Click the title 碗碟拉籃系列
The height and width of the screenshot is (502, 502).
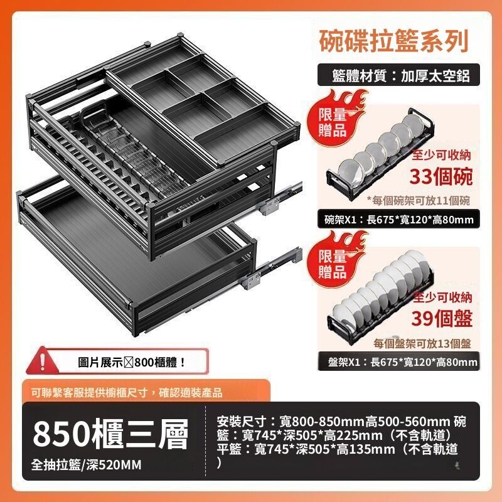(x=394, y=41)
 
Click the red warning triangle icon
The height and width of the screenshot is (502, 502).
(x=42, y=361)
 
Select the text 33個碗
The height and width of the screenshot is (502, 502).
(x=441, y=176)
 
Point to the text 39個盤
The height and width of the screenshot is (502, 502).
(x=442, y=318)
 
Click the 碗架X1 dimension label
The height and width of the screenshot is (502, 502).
(x=398, y=219)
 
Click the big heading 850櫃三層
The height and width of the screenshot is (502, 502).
(x=110, y=435)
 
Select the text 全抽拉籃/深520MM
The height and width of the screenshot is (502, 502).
(x=86, y=465)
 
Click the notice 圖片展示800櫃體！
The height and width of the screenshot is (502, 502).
(x=132, y=362)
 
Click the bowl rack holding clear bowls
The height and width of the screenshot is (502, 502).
(x=380, y=154)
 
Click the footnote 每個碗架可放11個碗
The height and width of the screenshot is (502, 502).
(x=419, y=200)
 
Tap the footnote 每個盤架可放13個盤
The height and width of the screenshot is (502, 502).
(x=422, y=343)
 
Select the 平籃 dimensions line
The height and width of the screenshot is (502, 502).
(x=337, y=449)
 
